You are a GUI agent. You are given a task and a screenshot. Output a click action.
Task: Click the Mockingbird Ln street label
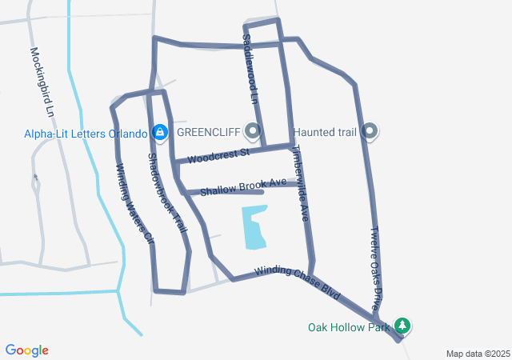coord(46,81)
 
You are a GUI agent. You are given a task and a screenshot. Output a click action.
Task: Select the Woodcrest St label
coord(218,154)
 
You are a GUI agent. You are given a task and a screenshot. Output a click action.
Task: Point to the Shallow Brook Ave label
coord(243,186)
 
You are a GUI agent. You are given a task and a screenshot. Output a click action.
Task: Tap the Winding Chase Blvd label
coord(293,282)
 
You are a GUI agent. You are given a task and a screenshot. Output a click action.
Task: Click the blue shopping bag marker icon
coord(159,131)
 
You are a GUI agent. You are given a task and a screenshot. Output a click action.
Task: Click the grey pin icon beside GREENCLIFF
coord(254,130)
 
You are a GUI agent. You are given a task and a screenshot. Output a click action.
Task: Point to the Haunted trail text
coord(326,131)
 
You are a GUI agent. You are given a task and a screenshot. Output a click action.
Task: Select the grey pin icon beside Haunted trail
coord(370,130)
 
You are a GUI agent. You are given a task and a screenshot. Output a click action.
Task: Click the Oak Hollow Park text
coord(349,327)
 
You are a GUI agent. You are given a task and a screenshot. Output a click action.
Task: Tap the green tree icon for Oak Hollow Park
coord(405,326)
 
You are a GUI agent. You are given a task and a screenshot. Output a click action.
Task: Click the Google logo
coord(27,350)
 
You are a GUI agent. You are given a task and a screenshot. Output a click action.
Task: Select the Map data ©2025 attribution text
coord(478,354)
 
